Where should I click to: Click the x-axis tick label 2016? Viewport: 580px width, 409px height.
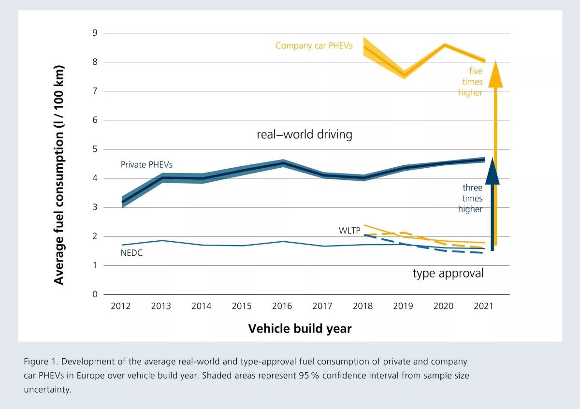click(x=282, y=306)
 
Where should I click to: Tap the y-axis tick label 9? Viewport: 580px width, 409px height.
click(x=95, y=33)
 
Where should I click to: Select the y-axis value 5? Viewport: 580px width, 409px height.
click(x=95, y=149)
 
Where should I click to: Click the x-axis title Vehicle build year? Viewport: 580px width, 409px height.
click(x=300, y=329)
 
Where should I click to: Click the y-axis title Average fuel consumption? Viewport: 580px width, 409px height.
click(x=58, y=175)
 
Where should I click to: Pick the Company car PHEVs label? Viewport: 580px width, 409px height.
click(x=314, y=46)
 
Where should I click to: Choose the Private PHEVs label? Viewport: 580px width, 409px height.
click(x=146, y=165)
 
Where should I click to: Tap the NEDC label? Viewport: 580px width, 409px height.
click(x=131, y=253)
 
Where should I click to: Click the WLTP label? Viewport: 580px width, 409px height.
click(x=349, y=231)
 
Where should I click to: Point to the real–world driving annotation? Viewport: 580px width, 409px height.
click(x=304, y=134)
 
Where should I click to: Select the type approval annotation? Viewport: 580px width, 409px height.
click(x=448, y=273)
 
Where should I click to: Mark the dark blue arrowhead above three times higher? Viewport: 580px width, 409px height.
click(x=492, y=172)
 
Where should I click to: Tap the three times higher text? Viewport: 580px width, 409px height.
click(x=472, y=198)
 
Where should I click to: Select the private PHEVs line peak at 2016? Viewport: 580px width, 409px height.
click(x=282, y=163)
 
